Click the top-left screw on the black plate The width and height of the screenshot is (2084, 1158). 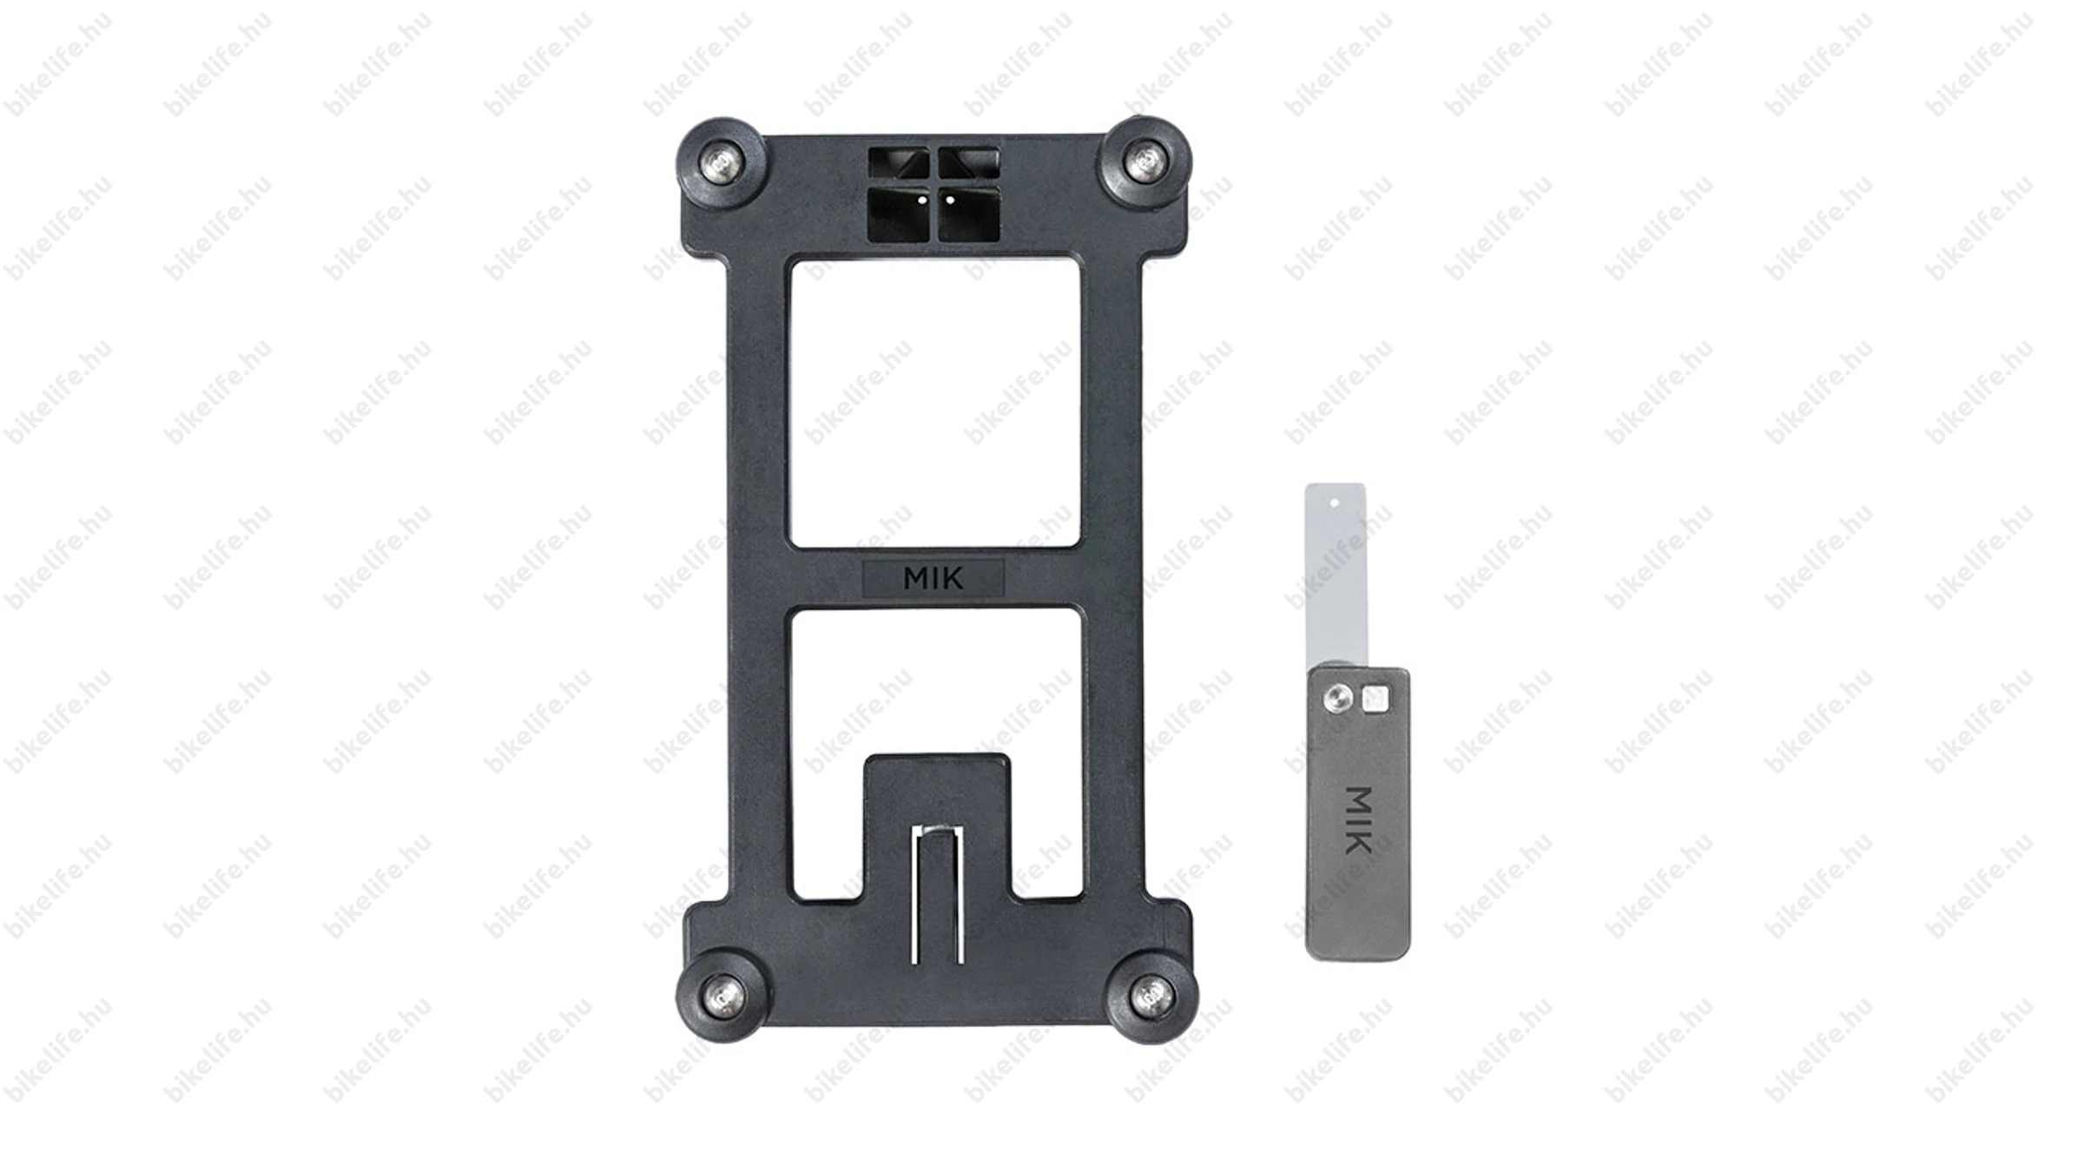[722, 162]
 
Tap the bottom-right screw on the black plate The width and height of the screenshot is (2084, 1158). [1152, 994]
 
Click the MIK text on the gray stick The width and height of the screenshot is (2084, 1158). [1358, 820]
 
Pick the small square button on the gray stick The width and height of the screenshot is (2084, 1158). [1375, 699]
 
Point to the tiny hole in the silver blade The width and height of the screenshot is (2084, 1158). [1335, 501]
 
